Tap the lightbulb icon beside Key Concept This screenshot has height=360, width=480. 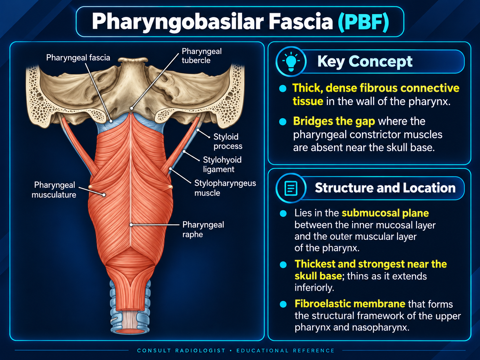coord(291,61)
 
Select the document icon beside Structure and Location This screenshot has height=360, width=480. coord(291,188)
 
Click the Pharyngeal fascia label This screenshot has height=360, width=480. coord(78,58)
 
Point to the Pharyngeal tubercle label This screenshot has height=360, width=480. coord(202,56)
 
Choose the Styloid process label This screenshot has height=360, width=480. coord(228,142)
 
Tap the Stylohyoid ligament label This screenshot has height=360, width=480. coord(222,164)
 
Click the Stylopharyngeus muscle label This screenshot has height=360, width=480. coord(225,188)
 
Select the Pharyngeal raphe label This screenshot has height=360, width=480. coord(203,229)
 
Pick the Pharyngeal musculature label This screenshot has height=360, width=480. coord(54,190)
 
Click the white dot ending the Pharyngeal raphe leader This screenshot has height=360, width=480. coord(131,225)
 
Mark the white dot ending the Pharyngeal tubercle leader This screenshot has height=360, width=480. coord(131,108)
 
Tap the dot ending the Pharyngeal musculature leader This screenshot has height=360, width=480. coord(104,195)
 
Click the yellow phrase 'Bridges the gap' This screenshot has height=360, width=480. coord(334,121)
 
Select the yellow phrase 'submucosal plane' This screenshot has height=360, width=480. coord(385,213)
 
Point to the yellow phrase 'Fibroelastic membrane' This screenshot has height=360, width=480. coord(350,304)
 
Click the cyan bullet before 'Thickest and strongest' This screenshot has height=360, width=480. coord(283,265)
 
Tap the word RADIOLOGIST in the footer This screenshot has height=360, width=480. coord(200,351)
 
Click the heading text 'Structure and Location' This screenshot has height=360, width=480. coord(385,188)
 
